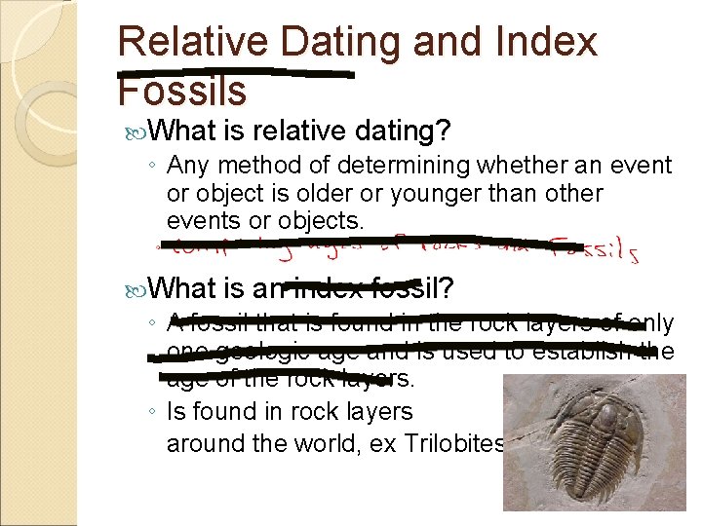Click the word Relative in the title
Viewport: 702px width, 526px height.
coord(192,42)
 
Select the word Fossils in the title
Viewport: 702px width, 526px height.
coord(181,91)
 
